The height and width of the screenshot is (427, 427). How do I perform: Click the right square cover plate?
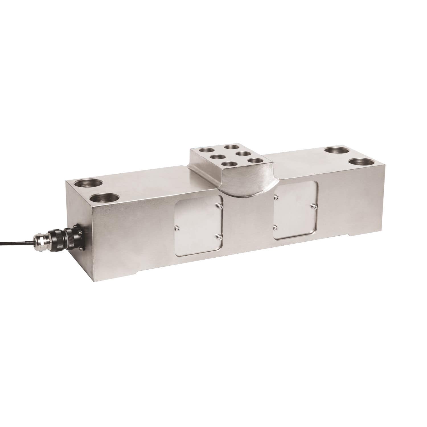point(295,210)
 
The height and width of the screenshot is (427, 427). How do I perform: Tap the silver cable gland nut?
point(40,241)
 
